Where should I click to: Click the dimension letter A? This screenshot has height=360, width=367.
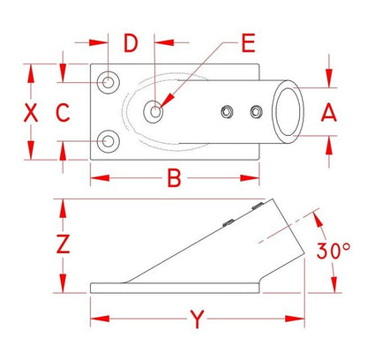[329, 113]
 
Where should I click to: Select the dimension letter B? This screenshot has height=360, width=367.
[174, 178]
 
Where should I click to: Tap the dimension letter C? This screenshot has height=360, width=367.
[63, 113]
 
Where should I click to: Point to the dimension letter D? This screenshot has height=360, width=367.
[131, 43]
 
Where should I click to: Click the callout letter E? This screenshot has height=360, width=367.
[248, 43]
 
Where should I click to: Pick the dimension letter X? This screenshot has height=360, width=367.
[31, 113]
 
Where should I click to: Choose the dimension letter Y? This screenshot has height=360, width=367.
[198, 319]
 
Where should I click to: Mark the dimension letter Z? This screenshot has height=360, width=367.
[63, 244]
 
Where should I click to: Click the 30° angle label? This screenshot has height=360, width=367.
[333, 251]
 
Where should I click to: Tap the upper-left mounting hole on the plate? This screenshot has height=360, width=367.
[109, 82]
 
